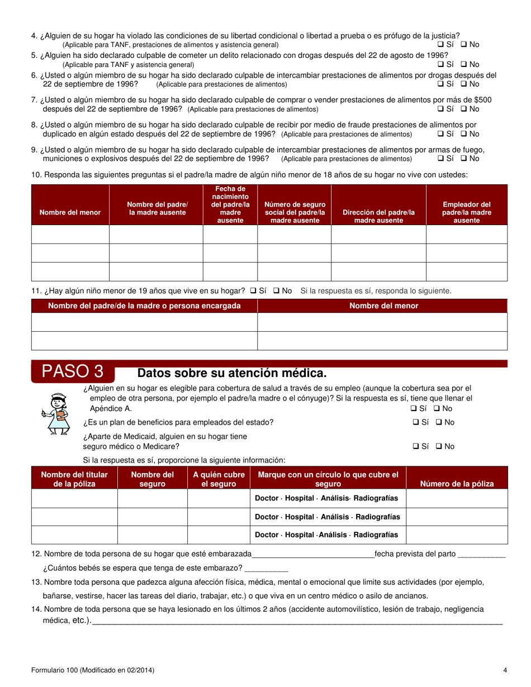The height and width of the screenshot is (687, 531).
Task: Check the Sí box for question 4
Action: tap(440, 45)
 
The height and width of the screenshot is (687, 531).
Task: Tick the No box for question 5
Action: tap(463, 64)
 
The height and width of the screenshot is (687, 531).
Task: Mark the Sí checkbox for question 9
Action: tap(440, 159)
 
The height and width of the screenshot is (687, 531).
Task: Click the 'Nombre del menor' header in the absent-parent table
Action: tap(70, 212)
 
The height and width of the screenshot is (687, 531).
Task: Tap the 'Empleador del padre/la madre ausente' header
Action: tap(466, 212)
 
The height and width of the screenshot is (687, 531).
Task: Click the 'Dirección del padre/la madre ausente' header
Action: tap(378, 216)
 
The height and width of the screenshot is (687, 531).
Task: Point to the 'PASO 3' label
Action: tap(73, 371)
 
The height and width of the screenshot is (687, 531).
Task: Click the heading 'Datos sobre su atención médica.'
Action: tap(231, 373)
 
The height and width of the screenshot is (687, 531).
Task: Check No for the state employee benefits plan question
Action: tap(438, 422)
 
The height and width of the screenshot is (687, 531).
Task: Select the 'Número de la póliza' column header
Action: tap(456, 484)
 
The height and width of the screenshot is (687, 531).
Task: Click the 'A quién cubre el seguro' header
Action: tap(219, 479)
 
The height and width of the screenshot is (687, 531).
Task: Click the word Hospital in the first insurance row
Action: tap(300, 498)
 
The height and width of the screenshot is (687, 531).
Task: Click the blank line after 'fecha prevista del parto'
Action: tap(481, 555)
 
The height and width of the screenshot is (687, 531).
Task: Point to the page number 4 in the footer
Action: tap(505, 670)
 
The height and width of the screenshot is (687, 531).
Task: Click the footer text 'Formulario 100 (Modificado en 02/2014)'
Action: tap(93, 670)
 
